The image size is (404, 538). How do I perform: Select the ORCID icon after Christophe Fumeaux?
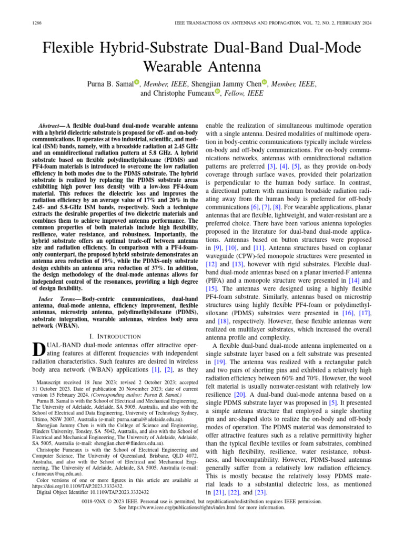(217, 92)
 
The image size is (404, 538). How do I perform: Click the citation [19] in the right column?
(220, 362)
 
